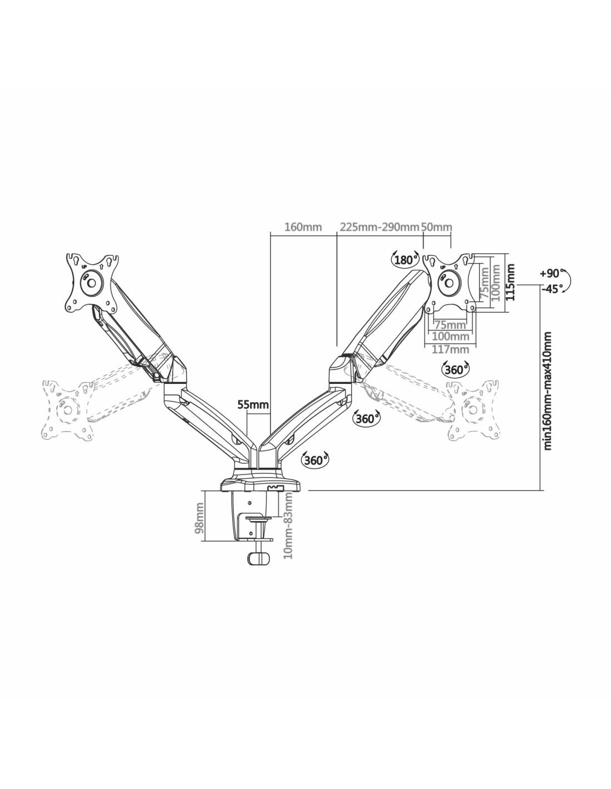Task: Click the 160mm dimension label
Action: click(303, 226)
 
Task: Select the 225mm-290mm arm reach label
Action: click(379, 226)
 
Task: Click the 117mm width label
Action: click(450, 350)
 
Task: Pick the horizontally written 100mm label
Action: click(450, 337)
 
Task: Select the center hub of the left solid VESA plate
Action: click(92, 282)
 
